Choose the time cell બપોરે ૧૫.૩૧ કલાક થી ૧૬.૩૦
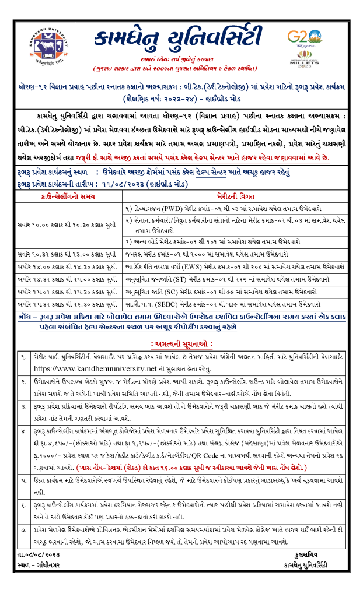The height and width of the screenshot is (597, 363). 69,303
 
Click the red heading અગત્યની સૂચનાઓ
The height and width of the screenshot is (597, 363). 182,344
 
